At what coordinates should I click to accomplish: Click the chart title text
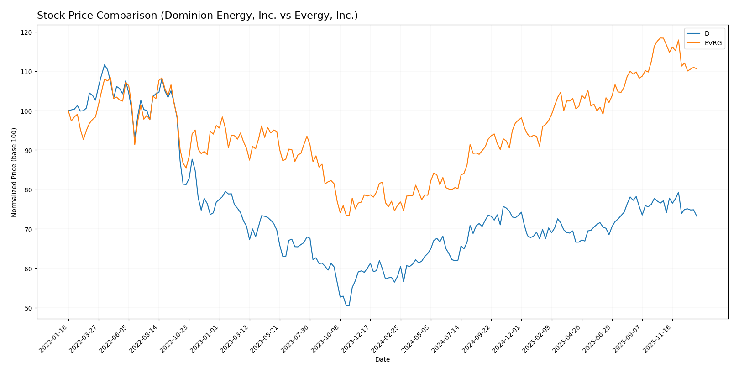(197, 16)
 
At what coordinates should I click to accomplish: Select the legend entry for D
(707, 34)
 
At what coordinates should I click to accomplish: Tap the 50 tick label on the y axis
(28, 308)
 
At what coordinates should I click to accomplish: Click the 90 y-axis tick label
(28, 151)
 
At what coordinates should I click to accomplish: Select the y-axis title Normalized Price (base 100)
(14, 172)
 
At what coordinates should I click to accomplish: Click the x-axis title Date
(382, 360)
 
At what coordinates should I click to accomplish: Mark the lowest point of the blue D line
(346, 305)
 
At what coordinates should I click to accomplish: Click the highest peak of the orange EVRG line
(660, 38)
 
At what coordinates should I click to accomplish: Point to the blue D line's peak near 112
(105, 65)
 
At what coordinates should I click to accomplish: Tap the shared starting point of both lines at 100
(68, 111)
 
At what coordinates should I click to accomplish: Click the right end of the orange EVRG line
(697, 69)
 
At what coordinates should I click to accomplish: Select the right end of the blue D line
(697, 216)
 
